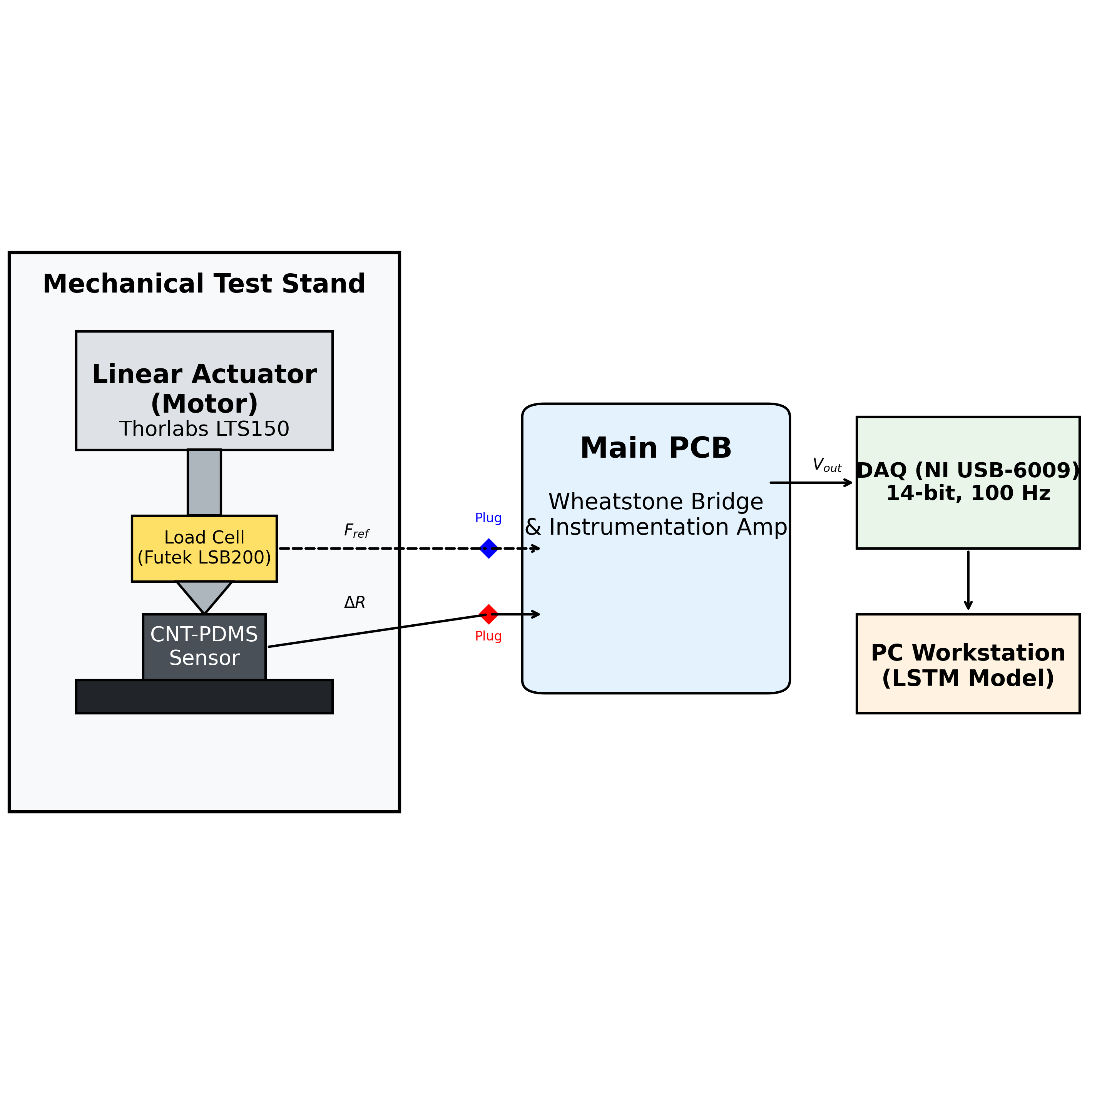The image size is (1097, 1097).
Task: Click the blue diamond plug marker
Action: [488, 548]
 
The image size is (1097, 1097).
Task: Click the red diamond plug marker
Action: [488, 614]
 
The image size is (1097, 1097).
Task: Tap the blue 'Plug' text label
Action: [488, 518]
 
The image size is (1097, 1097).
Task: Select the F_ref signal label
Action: [356, 532]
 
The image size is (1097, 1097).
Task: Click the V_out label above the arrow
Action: [827, 465]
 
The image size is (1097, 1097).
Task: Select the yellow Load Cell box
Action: [204, 548]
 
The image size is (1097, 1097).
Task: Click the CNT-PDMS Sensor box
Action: [204, 647]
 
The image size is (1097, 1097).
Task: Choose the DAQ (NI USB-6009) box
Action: [968, 483]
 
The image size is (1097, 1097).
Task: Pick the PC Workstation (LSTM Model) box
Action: [968, 664]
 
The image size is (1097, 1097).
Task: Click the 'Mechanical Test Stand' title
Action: [204, 284]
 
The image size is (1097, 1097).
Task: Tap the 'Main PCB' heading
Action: [656, 448]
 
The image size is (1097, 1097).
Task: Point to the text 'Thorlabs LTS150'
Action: [204, 429]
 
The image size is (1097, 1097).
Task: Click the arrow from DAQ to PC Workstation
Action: [968, 580]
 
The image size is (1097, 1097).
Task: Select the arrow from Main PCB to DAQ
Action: [811, 483]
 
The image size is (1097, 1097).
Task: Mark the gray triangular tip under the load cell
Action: [204, 597]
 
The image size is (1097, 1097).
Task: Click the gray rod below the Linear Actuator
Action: [204, 483]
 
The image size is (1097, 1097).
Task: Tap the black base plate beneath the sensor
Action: [204, 697]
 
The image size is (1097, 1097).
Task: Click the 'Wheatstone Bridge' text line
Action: [656, 502]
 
